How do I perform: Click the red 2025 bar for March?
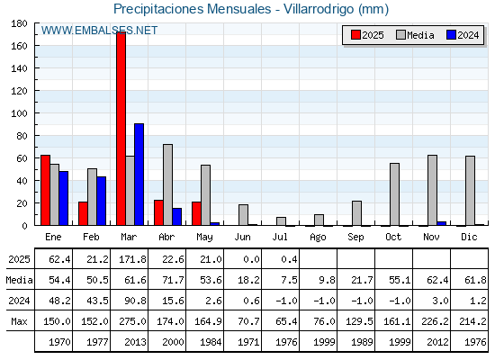[x=121, y=129]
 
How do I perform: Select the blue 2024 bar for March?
[x=139, y=175]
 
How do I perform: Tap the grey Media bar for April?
[x=167, y=184]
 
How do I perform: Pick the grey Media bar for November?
[x=432, y=190]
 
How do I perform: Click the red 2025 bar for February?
[x=83, y=213]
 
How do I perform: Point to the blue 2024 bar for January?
[x=64, y=198]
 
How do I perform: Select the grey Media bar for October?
[x=395, y=194]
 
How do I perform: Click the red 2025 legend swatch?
[x=355, y=35]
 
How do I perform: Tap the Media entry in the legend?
[x=415, y=35]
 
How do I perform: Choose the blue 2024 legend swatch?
[x=451, y=35]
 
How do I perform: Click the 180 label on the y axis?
[x=19, y=23]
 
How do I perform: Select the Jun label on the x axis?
[x=242, y=238]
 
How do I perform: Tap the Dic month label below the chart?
[x=469, y=238]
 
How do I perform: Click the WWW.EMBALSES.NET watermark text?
[x=99, y=31]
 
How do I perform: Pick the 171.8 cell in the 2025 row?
[x=133, y=259]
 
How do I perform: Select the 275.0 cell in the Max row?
[x=133, y=321]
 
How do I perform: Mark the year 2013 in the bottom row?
[x=135, y=342]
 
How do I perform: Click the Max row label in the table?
[x=19, y=321]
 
